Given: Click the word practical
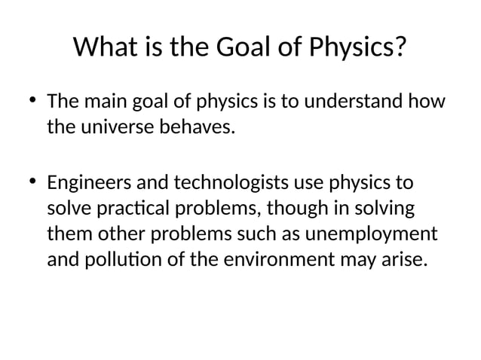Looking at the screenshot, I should (127, 208).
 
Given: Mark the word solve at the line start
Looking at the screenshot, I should (65, 208).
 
